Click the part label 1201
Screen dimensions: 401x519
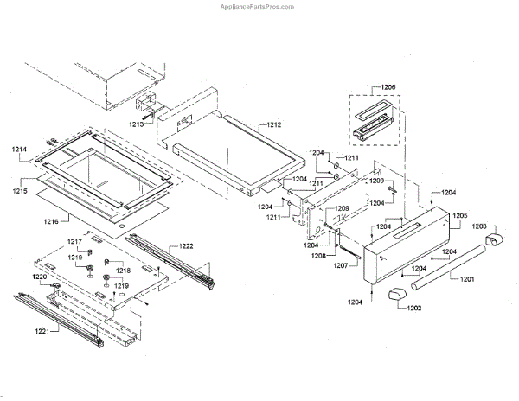[x=467, y=279]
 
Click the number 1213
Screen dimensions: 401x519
[x=136, y=124]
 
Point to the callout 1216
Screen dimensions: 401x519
[x=51, y=222]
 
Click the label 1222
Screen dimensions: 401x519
[x=187, y=246]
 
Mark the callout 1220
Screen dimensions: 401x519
[x=40, y=277]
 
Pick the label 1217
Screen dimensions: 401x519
[x=75, y=241]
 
